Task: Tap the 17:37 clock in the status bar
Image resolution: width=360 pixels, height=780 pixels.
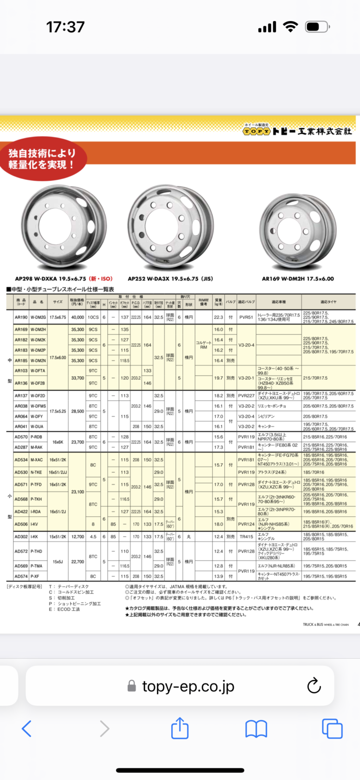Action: coord(65,27)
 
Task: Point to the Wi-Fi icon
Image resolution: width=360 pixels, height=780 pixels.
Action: coord(290,27)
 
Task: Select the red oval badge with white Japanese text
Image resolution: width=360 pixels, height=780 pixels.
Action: coord(43,159)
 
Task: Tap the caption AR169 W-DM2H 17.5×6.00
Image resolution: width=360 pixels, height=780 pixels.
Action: coord(298,279)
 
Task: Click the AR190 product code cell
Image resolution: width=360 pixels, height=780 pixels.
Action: coord(21,317)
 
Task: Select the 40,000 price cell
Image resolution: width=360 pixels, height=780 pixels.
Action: coord(78,317)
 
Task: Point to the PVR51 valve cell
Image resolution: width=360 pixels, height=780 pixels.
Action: coord(246,317)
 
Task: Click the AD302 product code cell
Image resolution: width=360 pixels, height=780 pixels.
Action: coord(21,537)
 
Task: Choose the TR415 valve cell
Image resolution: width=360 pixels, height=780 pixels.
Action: coord(246,537)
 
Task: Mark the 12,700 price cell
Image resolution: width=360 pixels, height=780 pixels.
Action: coord(78,537)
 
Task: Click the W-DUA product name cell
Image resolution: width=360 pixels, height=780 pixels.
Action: coord(37,427)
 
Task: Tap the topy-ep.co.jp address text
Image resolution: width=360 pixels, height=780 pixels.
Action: coord(188,686)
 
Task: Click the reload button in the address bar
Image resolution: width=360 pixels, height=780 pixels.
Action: coord(314,686)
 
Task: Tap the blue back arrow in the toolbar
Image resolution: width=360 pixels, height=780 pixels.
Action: coord(27,729)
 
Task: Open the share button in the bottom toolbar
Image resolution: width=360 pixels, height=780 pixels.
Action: coord(180,728)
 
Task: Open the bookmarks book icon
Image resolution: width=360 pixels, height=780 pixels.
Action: coord(256,729)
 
